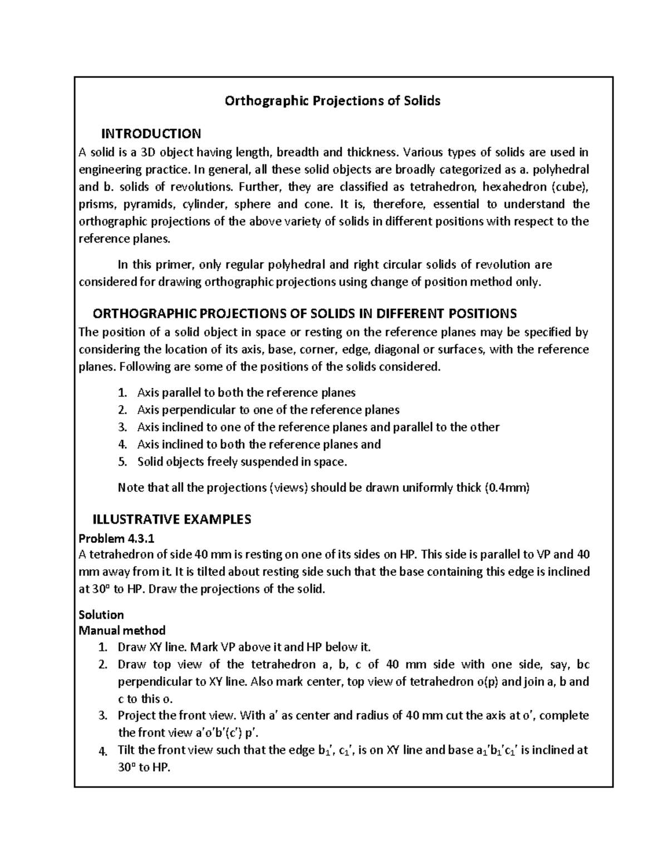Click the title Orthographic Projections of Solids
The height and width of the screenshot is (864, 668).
click(332, 101)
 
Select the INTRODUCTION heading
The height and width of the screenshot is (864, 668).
click(151, 134)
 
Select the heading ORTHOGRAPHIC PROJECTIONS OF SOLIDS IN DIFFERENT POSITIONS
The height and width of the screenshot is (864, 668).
click(304, 313)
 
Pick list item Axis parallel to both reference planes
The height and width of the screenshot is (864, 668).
click(246, 393)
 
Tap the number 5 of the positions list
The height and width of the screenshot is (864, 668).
click(122, 462)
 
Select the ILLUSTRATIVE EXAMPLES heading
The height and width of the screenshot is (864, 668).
click(171, 520)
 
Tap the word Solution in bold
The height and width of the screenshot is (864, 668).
click(101, 615)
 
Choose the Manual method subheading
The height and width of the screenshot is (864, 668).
click(122, 630)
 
